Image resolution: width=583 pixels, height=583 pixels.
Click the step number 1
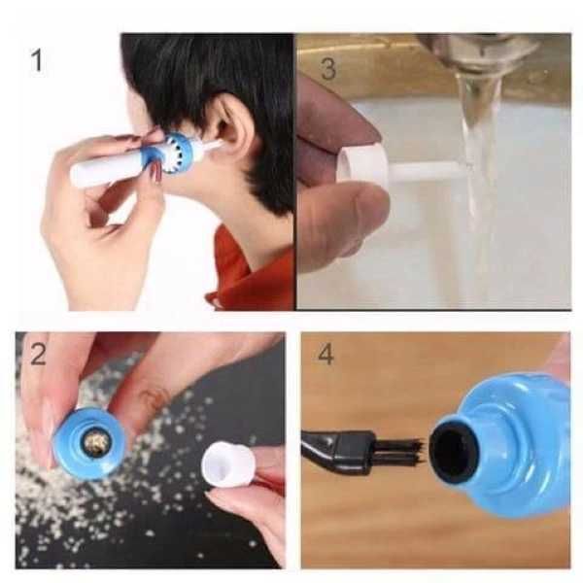click(37, 61)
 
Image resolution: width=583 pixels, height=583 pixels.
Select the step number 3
click(328, 69)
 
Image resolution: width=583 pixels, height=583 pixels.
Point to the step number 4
click(326, 354)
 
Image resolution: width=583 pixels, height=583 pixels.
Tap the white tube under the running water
click(428, 174)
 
